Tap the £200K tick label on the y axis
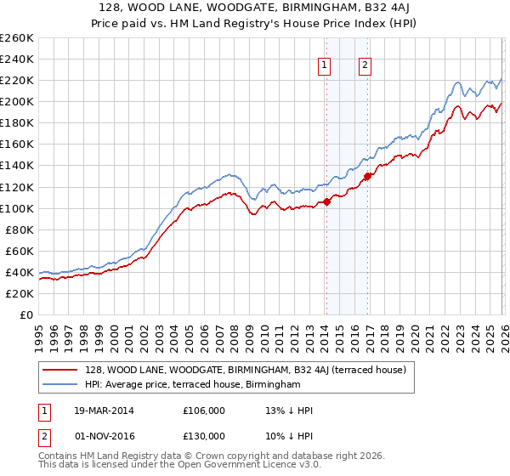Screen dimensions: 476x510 [x=17, y=101]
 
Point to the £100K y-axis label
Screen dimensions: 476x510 [x=17, y=208]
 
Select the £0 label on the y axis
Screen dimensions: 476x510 [x=26, y=314]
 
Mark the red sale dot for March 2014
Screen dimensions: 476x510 [x=326, y=201]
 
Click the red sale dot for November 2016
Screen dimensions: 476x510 [x=367, y=176]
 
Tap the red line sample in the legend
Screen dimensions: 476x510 [x=59, y=370]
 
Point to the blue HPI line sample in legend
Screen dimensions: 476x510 [x=59, y=385]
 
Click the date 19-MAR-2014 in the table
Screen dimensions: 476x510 [x=103, y=411]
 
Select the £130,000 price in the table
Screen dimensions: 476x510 [x=204, y=435]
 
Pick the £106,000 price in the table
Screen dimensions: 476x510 [x=204, y=411]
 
